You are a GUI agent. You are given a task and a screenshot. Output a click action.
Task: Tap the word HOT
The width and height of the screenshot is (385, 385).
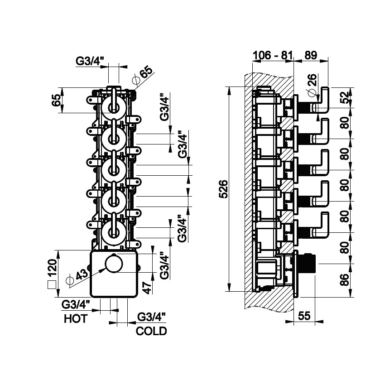coord(75,319)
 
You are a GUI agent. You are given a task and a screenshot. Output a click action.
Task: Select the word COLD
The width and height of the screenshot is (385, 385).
coord(151,331)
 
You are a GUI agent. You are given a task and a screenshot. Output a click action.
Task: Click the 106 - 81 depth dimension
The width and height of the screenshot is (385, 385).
coord(272,56)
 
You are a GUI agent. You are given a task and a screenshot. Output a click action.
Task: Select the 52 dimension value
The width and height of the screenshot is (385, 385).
coord(345,97)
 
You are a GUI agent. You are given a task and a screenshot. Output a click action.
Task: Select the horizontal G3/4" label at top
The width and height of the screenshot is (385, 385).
coord(90,60)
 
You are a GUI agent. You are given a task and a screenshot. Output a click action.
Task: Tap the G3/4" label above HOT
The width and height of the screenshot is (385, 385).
coord(76,304)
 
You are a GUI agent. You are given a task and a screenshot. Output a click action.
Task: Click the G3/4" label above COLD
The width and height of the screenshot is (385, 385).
coord(151,317)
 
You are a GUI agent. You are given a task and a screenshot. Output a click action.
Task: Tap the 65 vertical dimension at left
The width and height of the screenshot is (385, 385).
coord(56,100)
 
